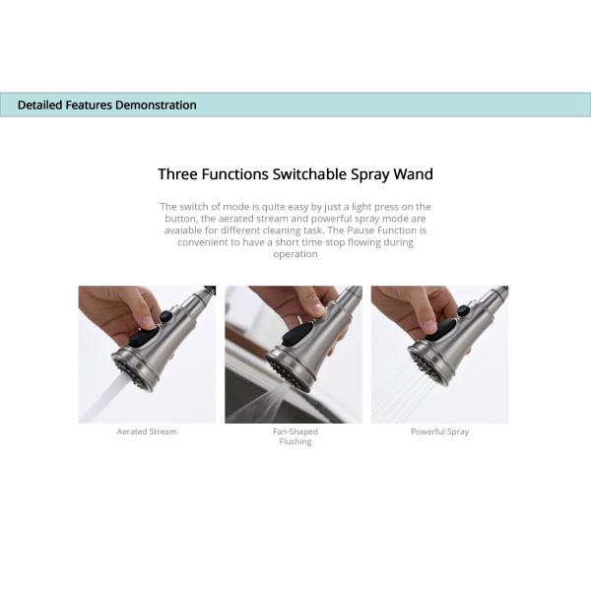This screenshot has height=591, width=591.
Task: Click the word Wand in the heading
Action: point(413,174)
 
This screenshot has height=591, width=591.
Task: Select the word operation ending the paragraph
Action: point(295,254)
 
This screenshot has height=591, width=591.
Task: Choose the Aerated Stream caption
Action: point(147,431)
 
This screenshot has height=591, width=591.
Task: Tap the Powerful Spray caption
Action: point(439,431)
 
